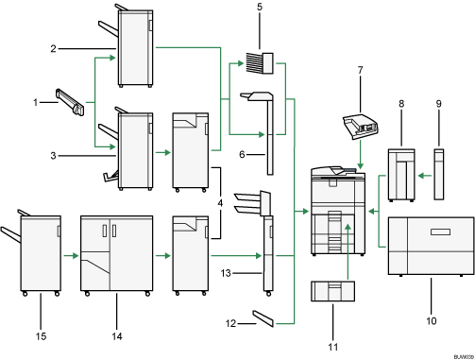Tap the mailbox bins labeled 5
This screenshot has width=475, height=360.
[x=258, y=63]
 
